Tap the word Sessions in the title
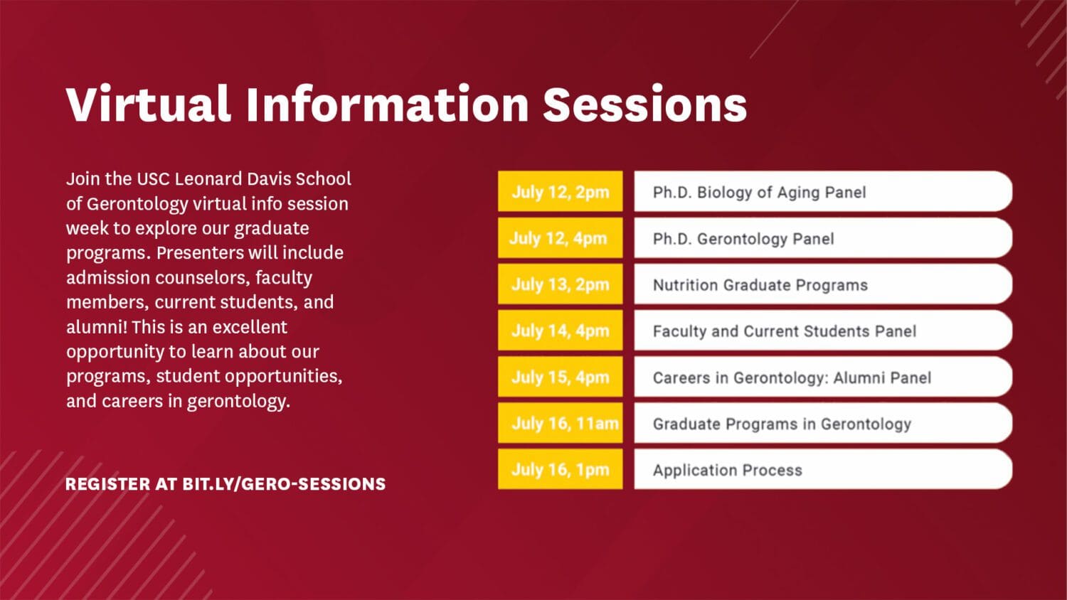[x=645, y=105]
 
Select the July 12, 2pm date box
[x=561, y=191]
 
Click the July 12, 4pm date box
[x=561, y=237]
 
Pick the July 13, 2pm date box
[x=561, y=284]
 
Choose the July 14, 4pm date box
[x=561, y=330]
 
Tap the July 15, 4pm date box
[x=561, y=376]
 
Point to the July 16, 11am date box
[x=561, y=422]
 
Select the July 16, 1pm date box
[x=561, y=468]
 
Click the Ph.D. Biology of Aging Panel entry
[x=823, y=191]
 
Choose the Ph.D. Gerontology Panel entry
[x=823, y=237]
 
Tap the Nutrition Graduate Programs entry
[x=823, y=284]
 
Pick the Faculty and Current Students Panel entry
[x=823, y=330]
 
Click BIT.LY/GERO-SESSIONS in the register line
[x=284, y=484]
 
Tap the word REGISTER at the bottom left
[x=107, y=484]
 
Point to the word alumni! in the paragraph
[x=97, y=327]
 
